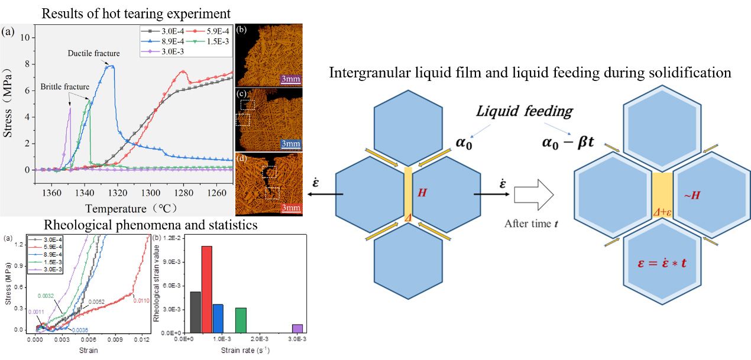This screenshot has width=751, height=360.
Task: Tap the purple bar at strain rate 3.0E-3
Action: [297, 328]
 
